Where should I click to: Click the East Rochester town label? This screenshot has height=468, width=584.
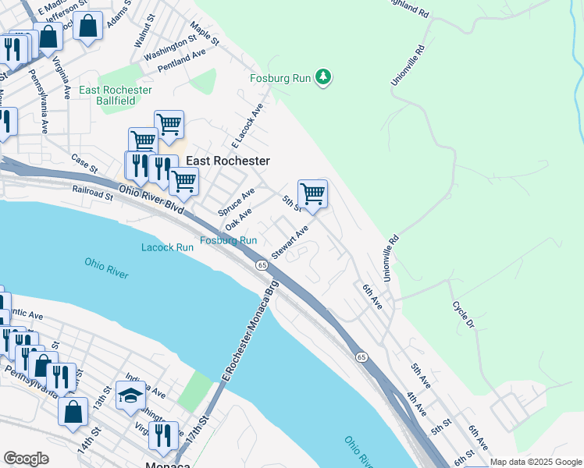click(228, 161)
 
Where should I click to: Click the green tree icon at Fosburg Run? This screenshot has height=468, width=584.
click(323, 77)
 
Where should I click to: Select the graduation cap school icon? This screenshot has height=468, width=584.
click(130, 395)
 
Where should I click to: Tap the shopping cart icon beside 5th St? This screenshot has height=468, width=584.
click(312, 193)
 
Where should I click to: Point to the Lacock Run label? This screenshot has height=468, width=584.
click(167, 247)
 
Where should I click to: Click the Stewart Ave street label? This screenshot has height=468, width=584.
click(290, 243)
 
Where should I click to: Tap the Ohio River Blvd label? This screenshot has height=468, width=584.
click(151, 200)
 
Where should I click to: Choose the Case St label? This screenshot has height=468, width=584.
click(84, 164)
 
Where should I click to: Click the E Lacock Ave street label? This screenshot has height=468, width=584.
click(248, 124)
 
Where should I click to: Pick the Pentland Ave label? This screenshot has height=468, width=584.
click(181, 58)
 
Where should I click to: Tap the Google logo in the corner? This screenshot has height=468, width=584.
click(26, 459)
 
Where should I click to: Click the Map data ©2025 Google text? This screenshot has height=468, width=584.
click(536, 462)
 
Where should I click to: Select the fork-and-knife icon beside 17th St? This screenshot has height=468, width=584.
click(163, 435)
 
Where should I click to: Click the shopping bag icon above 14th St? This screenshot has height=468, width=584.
click(74, 413)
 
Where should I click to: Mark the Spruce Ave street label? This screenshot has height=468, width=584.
click(237, 202)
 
